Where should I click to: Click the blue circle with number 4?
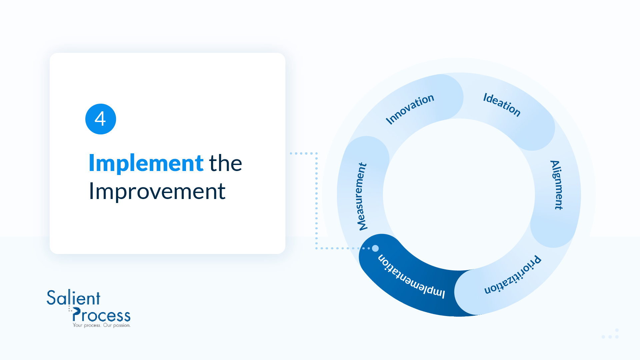(x=101, y=119)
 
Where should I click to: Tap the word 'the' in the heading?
(x=225, y=163)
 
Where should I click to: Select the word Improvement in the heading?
(x=157, y=191)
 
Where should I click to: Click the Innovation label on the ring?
(x=410, y=109)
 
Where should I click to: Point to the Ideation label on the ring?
(x=502, y=105)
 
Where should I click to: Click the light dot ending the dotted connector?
(x=375, y=248)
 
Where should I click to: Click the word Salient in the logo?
(x=73, y=298)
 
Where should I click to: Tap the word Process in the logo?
(x=101, y=315)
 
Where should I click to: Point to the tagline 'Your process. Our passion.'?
(x=102, y=325)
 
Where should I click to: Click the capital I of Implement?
(x=92, y=163)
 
